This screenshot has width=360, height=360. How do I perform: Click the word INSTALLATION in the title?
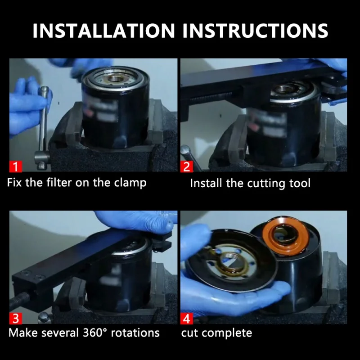coord(104,31)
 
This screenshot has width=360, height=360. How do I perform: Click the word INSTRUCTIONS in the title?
coord(255,31)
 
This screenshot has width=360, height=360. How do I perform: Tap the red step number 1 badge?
coord(16,166)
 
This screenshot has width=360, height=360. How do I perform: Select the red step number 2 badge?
coord(187,166)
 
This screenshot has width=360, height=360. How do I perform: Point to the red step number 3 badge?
coord(16,318)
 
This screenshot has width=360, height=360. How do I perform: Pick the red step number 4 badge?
coord(187,318)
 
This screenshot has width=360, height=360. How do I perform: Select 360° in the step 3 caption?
coord(95,333)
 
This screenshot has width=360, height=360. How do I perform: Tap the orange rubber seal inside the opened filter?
coord(285,236)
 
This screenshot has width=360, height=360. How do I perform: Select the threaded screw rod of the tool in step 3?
coord(20,300)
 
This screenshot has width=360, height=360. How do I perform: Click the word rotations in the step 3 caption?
coord(135,333)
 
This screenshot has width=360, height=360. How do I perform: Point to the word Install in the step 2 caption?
coord(206,184)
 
